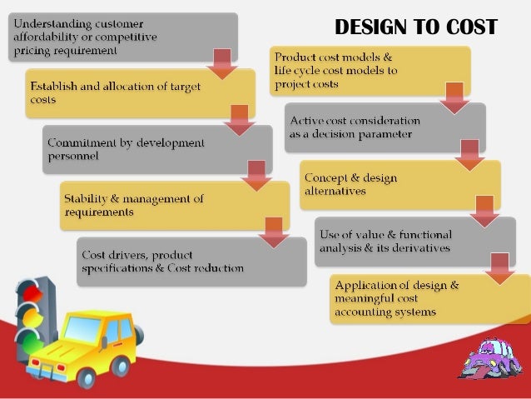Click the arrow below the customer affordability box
pos(221,64)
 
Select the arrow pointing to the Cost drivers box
pos(273,233)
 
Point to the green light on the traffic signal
pos(30,339)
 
